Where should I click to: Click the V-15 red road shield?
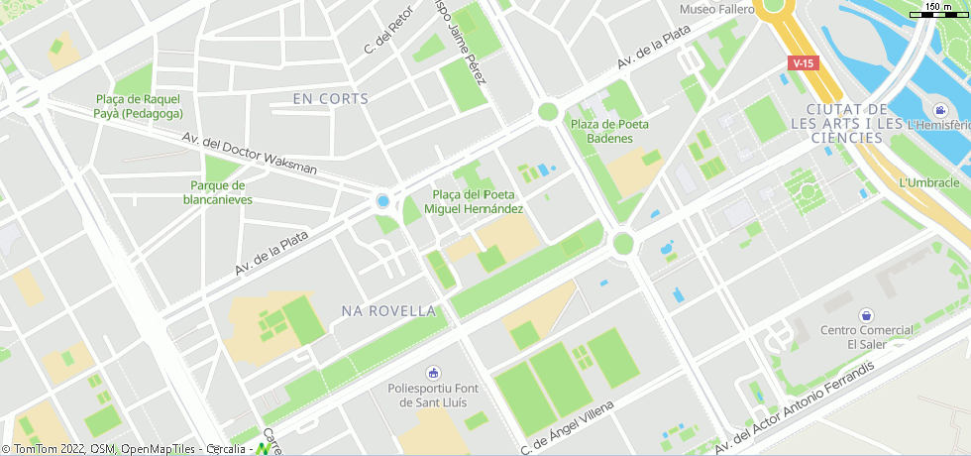(804, 63)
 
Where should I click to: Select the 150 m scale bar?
(944, 10)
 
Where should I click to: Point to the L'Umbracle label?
(928, 182)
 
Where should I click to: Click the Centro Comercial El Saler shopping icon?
(866, 314)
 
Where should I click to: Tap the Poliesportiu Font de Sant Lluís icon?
(432, 373)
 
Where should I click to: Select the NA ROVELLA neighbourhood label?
(388, 311)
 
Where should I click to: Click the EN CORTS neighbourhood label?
(331, 99)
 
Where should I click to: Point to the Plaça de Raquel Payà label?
(139, 106)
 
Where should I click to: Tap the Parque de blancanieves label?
(218, 192)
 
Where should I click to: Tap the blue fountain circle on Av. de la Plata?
(382, 201)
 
